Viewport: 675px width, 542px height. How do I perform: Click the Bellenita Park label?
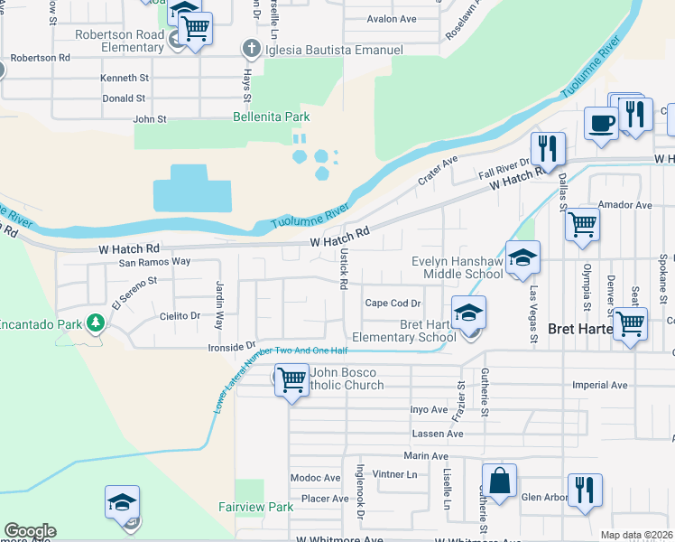click(271, 117)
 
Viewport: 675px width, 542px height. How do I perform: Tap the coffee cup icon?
click(599, 124)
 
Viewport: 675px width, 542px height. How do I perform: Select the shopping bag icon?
click(499, 481)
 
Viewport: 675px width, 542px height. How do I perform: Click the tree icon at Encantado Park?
click(94, 322)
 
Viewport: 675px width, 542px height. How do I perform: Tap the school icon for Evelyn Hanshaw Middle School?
click(522, 257)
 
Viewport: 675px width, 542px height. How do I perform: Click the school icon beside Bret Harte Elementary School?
click(468, 313)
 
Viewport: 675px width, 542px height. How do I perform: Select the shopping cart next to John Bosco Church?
click(291, 379)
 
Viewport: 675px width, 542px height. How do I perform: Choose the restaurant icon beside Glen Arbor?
click(585, 491)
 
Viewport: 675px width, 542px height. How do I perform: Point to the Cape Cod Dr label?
click(393, 304)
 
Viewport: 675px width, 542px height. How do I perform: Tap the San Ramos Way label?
click(155, 262)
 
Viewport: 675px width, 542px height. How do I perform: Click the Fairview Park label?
click(255, 507)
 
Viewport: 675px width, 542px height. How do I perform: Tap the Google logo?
click(30, 531)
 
